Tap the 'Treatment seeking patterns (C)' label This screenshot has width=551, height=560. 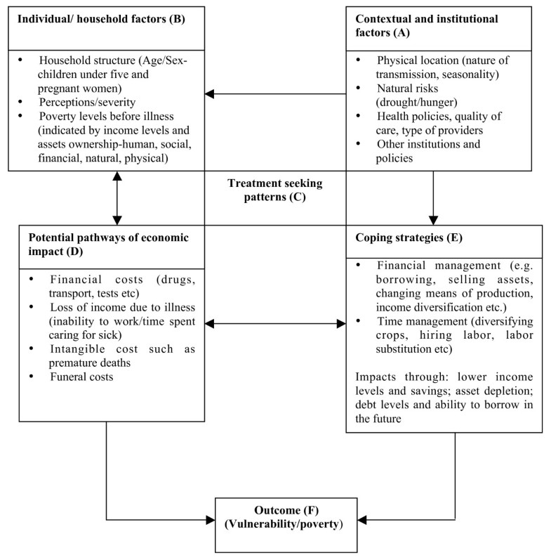click(x=274, y=190)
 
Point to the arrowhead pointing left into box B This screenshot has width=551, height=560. click(x=210, y=93)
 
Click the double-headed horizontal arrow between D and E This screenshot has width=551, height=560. click(x=275, y=324)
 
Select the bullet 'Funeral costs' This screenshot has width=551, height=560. click(x=77, y=377)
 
